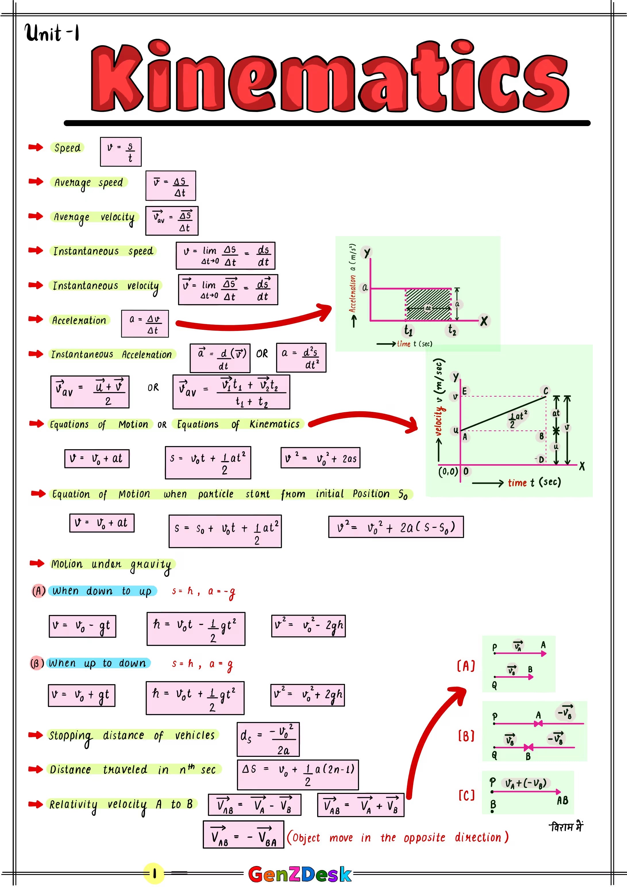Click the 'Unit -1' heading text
(52, 32)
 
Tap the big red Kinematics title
(329, 77)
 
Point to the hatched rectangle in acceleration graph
(428, 305)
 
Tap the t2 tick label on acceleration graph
(452, 330)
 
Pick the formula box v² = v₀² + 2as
(320, 458)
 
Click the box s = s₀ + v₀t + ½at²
(225, 531)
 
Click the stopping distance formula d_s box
(268, 739)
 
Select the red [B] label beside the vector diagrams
(466, 736)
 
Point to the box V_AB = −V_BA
(243, 834)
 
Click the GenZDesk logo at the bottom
(300, 874)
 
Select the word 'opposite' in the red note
(424, 838)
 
